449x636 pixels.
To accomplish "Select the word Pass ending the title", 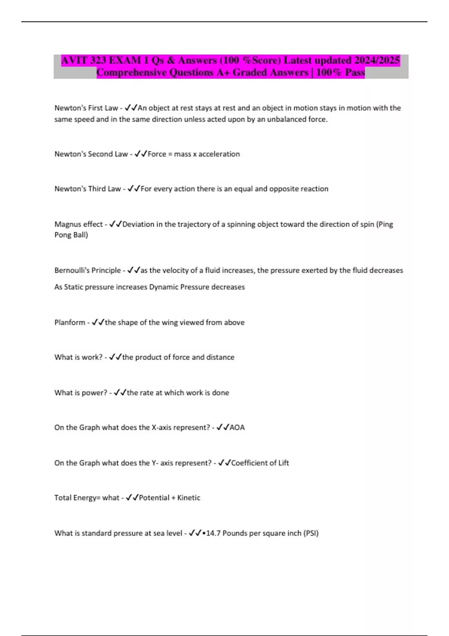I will point(355,72).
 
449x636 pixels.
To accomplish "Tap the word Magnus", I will point(67,224).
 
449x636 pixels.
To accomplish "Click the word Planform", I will point(70,322).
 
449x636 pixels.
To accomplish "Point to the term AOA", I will point(237,428).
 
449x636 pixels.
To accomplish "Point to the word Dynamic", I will point(164,287).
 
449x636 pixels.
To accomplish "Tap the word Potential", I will point(154,498).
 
